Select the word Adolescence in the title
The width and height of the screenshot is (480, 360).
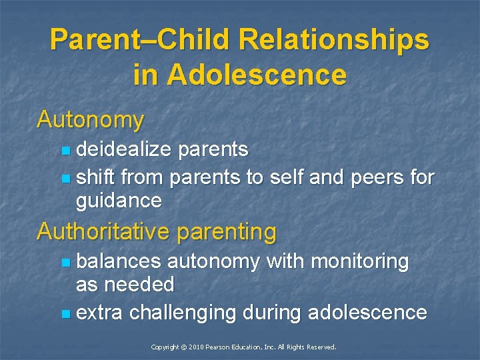coord(257,75)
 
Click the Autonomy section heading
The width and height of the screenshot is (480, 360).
coord(91,120)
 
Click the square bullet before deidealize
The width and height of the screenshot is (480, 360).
coord(64,151)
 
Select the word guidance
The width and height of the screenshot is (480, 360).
coord(119,201)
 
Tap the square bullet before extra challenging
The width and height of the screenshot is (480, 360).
coord(64,313)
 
